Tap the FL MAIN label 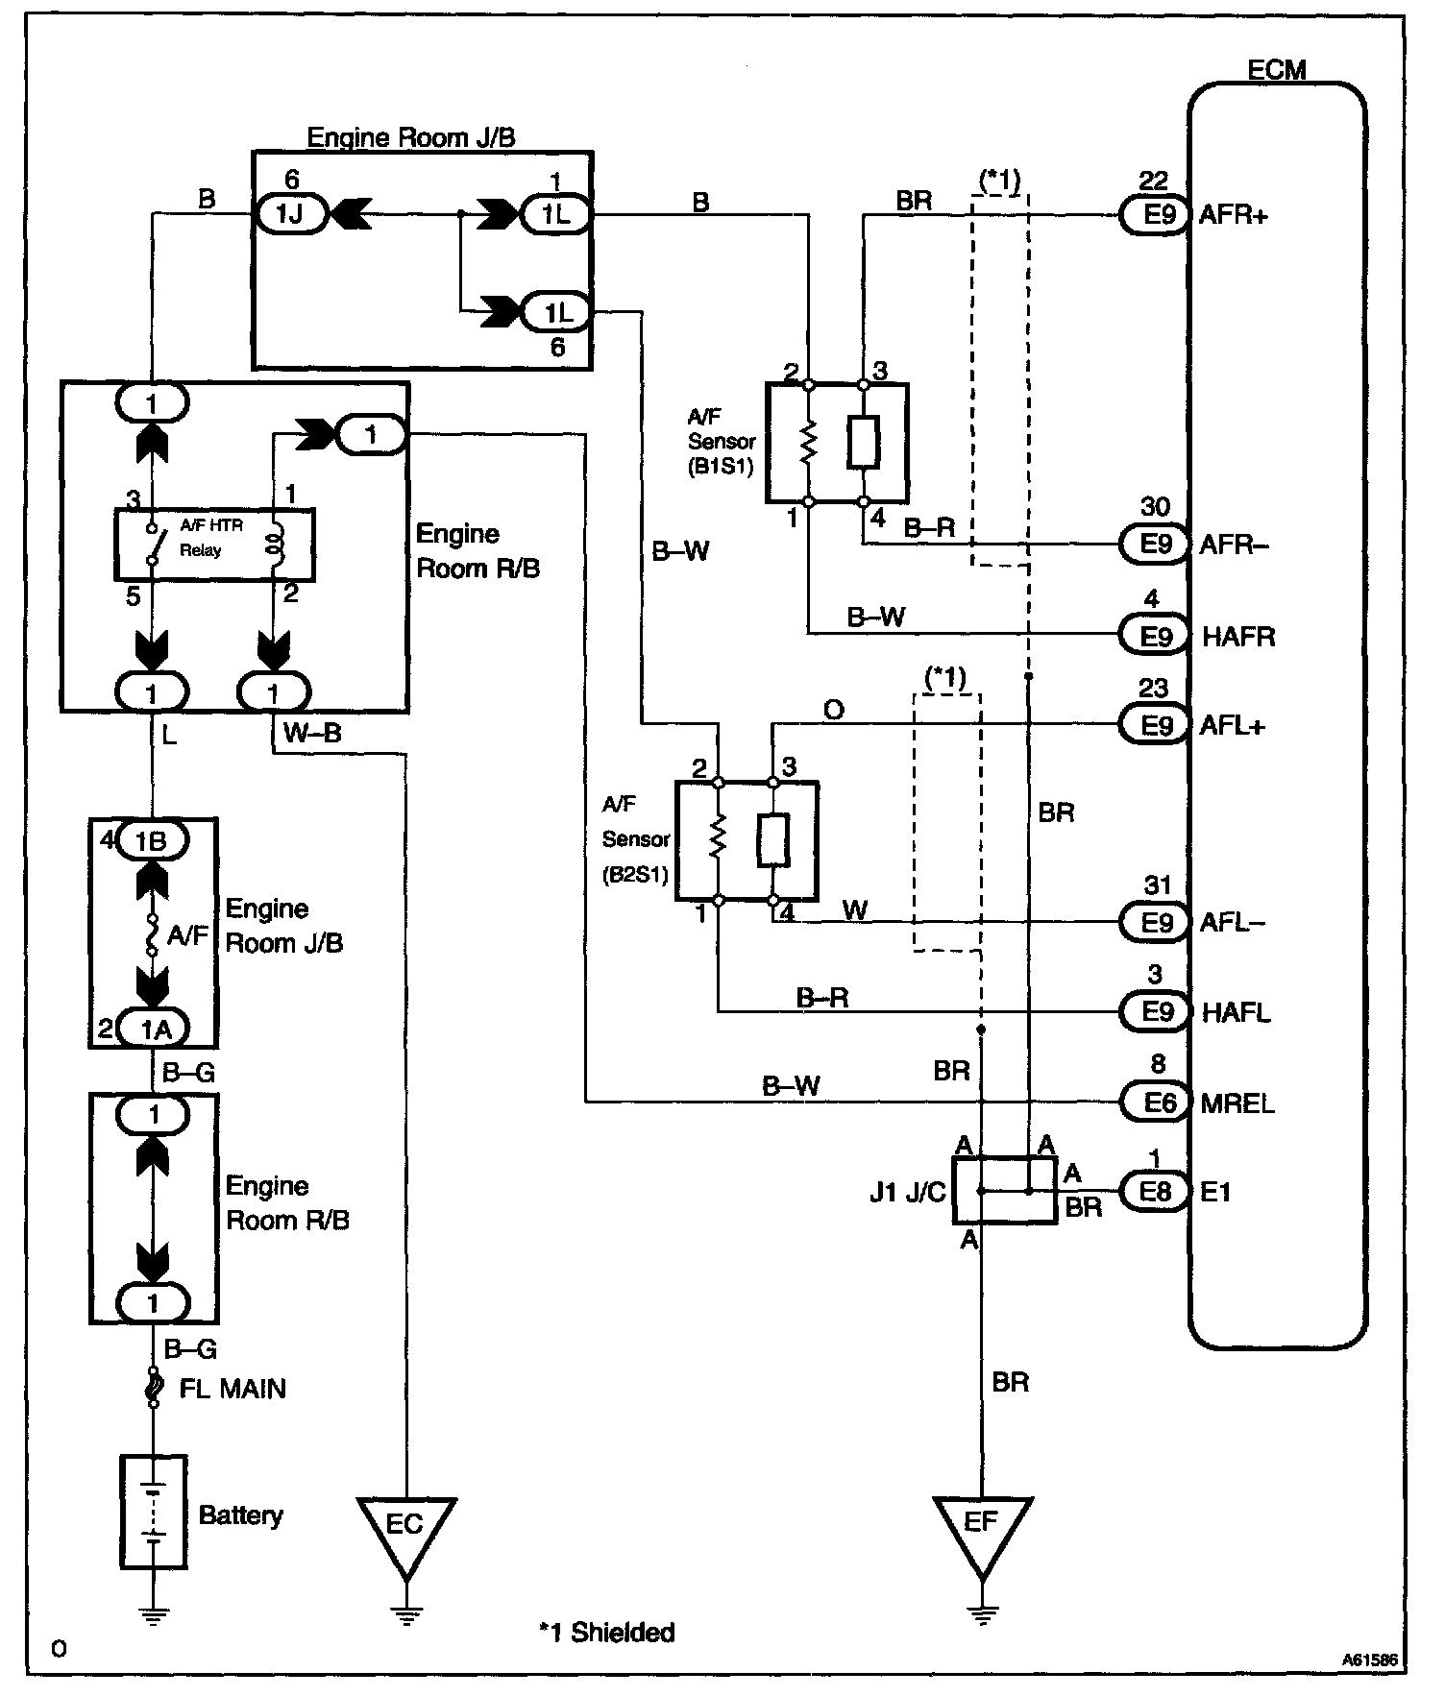[233, 1388]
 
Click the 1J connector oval [289, 214]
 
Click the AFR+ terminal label [1234, 215]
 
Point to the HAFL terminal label [1236, 1012]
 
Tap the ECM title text [1277, 70]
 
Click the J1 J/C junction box [1005, 1190]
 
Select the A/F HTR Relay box [215, 545]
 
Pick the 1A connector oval [154, 1030]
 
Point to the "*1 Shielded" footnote [607, 1632]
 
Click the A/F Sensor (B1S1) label [722, 441]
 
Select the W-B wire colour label [312, 734]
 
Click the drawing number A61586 [1370, 1659]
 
